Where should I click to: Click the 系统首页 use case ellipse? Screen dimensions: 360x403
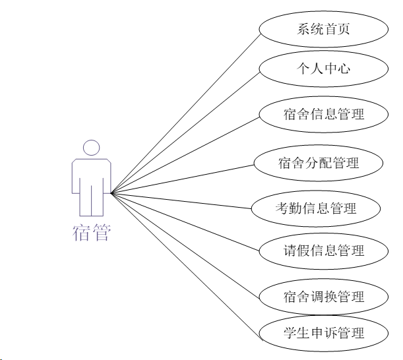[322, 29]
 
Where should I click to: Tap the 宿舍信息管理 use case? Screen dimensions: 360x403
[322, 114]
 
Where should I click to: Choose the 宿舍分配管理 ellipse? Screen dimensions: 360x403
[318, 162]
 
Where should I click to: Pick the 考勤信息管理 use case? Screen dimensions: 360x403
[315, 208]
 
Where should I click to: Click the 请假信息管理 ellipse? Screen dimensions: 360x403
[322, 251]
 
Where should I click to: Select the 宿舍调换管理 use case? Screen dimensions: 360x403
[322, 297]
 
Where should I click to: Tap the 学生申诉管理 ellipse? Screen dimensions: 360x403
[322, 332]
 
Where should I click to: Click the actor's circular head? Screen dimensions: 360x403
[91, 148]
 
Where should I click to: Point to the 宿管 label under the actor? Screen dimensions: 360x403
[91, 233]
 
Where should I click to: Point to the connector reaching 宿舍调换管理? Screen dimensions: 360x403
[185, 245]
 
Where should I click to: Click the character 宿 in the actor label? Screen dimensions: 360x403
[81, 233]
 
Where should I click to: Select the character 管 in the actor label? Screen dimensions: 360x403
[101, 233]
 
